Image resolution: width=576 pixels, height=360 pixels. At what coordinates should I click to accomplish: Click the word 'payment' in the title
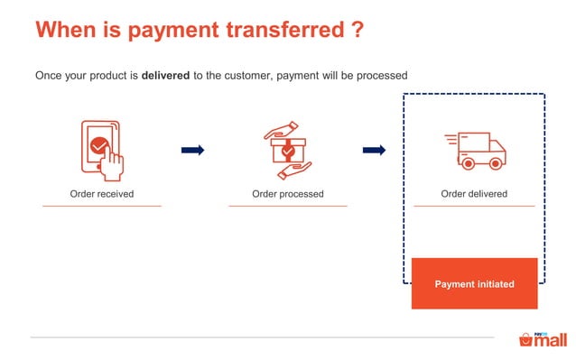click(x=168, y=30)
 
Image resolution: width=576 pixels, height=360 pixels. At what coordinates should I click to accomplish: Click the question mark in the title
click(x=358, y=30)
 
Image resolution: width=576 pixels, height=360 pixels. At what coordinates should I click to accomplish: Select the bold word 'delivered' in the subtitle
click(x=165, y=76)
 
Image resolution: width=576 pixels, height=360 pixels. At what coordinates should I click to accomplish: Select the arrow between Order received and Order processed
click(x=192, y=150)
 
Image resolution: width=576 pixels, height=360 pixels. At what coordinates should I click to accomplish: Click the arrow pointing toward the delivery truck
click(x=374, y=150)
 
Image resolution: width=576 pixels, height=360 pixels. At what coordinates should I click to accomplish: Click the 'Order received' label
click(x=102, y=194)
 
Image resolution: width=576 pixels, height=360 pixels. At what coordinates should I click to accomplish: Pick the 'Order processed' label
click(x=288, y=194)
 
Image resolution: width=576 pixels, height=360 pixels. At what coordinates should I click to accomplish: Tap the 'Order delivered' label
click(x=474, y=194)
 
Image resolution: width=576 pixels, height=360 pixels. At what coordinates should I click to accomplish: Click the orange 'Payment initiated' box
click(x=474, y=283)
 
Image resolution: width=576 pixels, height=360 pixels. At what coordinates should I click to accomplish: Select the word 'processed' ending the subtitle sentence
click(x=384, y=76)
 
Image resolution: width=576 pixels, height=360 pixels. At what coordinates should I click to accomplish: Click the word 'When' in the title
click(x=66, y=30)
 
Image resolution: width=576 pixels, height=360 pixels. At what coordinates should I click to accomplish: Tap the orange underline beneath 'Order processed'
click(x=288, y=206)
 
